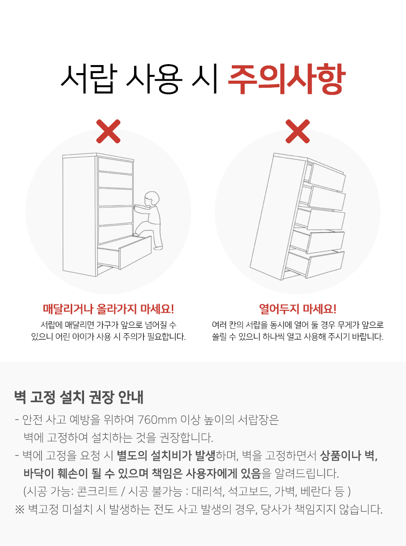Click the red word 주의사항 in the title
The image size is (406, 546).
coord(287,79)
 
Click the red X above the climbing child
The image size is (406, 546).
coord(109,131)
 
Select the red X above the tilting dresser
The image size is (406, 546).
coord(297,131)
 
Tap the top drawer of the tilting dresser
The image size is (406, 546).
coord(327,176)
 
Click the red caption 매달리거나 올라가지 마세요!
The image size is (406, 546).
coord(108,308)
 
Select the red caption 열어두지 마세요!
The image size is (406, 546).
coord(297,308)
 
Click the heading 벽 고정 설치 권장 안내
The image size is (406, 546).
coord(79,397)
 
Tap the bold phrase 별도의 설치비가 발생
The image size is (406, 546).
coord(166,455)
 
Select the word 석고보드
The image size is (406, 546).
coord(249,491)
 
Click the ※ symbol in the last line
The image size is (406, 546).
coord(19,509)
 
